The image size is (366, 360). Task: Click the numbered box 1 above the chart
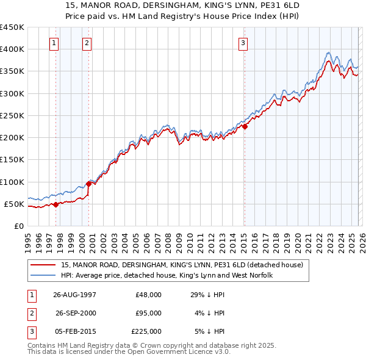(55, 43)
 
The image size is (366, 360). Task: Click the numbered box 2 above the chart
(87, 43)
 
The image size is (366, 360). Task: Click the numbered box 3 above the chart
(243, 43)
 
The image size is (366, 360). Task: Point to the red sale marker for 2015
(245, 127)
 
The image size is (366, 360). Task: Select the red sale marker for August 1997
(56, 204)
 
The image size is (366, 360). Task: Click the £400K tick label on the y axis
(12, 49)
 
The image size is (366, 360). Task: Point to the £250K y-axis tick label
(12, 115)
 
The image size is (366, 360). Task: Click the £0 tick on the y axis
(18, 226)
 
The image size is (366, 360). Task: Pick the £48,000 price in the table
(148, 295)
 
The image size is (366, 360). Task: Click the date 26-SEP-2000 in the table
(76, 313)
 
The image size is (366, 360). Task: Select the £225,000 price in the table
(146, 331)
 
